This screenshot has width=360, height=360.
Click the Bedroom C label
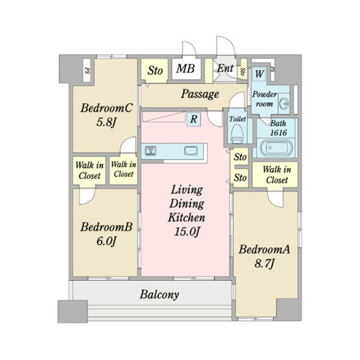pos(106,108)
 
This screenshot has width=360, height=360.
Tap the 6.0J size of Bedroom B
pos(106,241)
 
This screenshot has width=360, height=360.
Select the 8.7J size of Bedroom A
pos(264,263)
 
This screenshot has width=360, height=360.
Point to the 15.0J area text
pos(187,232)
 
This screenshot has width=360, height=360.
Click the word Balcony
pos(159,294)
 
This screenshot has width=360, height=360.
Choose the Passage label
pos(200,94)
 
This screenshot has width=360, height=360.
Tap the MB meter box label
pos(186,68)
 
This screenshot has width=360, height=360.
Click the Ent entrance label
pos(225,68)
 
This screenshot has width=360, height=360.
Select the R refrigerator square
pos(194,119)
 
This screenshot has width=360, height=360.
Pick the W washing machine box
pos(259,74)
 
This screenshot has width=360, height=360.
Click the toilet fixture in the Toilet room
pos(237,134)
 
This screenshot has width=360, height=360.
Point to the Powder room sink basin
pos(283,102)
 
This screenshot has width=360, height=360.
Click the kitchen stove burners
pos(150,150)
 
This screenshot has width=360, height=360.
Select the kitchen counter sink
pos(191,150)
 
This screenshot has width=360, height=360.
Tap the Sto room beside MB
pos(154,70)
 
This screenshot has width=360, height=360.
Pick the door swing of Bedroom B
pos(88,197)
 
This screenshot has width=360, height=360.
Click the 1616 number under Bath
pos(278,133)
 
